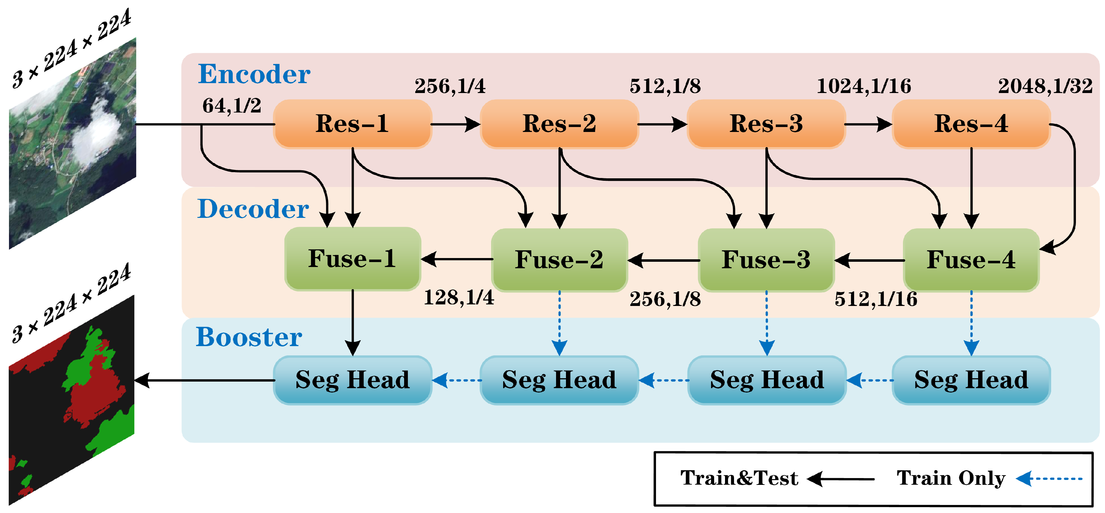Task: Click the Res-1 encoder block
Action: tap(352, 124)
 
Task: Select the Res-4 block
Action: tap(971, 124)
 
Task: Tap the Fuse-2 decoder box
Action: tap(559, 260)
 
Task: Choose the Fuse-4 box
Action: tap(971, 260)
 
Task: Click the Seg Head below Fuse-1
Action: tap(352, 380)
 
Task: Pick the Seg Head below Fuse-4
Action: tap(971, 380)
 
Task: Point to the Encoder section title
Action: tap(254, 74)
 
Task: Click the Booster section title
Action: tap(249, 337)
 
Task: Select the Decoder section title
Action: tap(253, 209)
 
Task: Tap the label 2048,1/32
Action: tap(1045, 86)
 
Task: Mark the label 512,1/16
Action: tap(875, 299)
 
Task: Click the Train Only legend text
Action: tap(951, 478)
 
